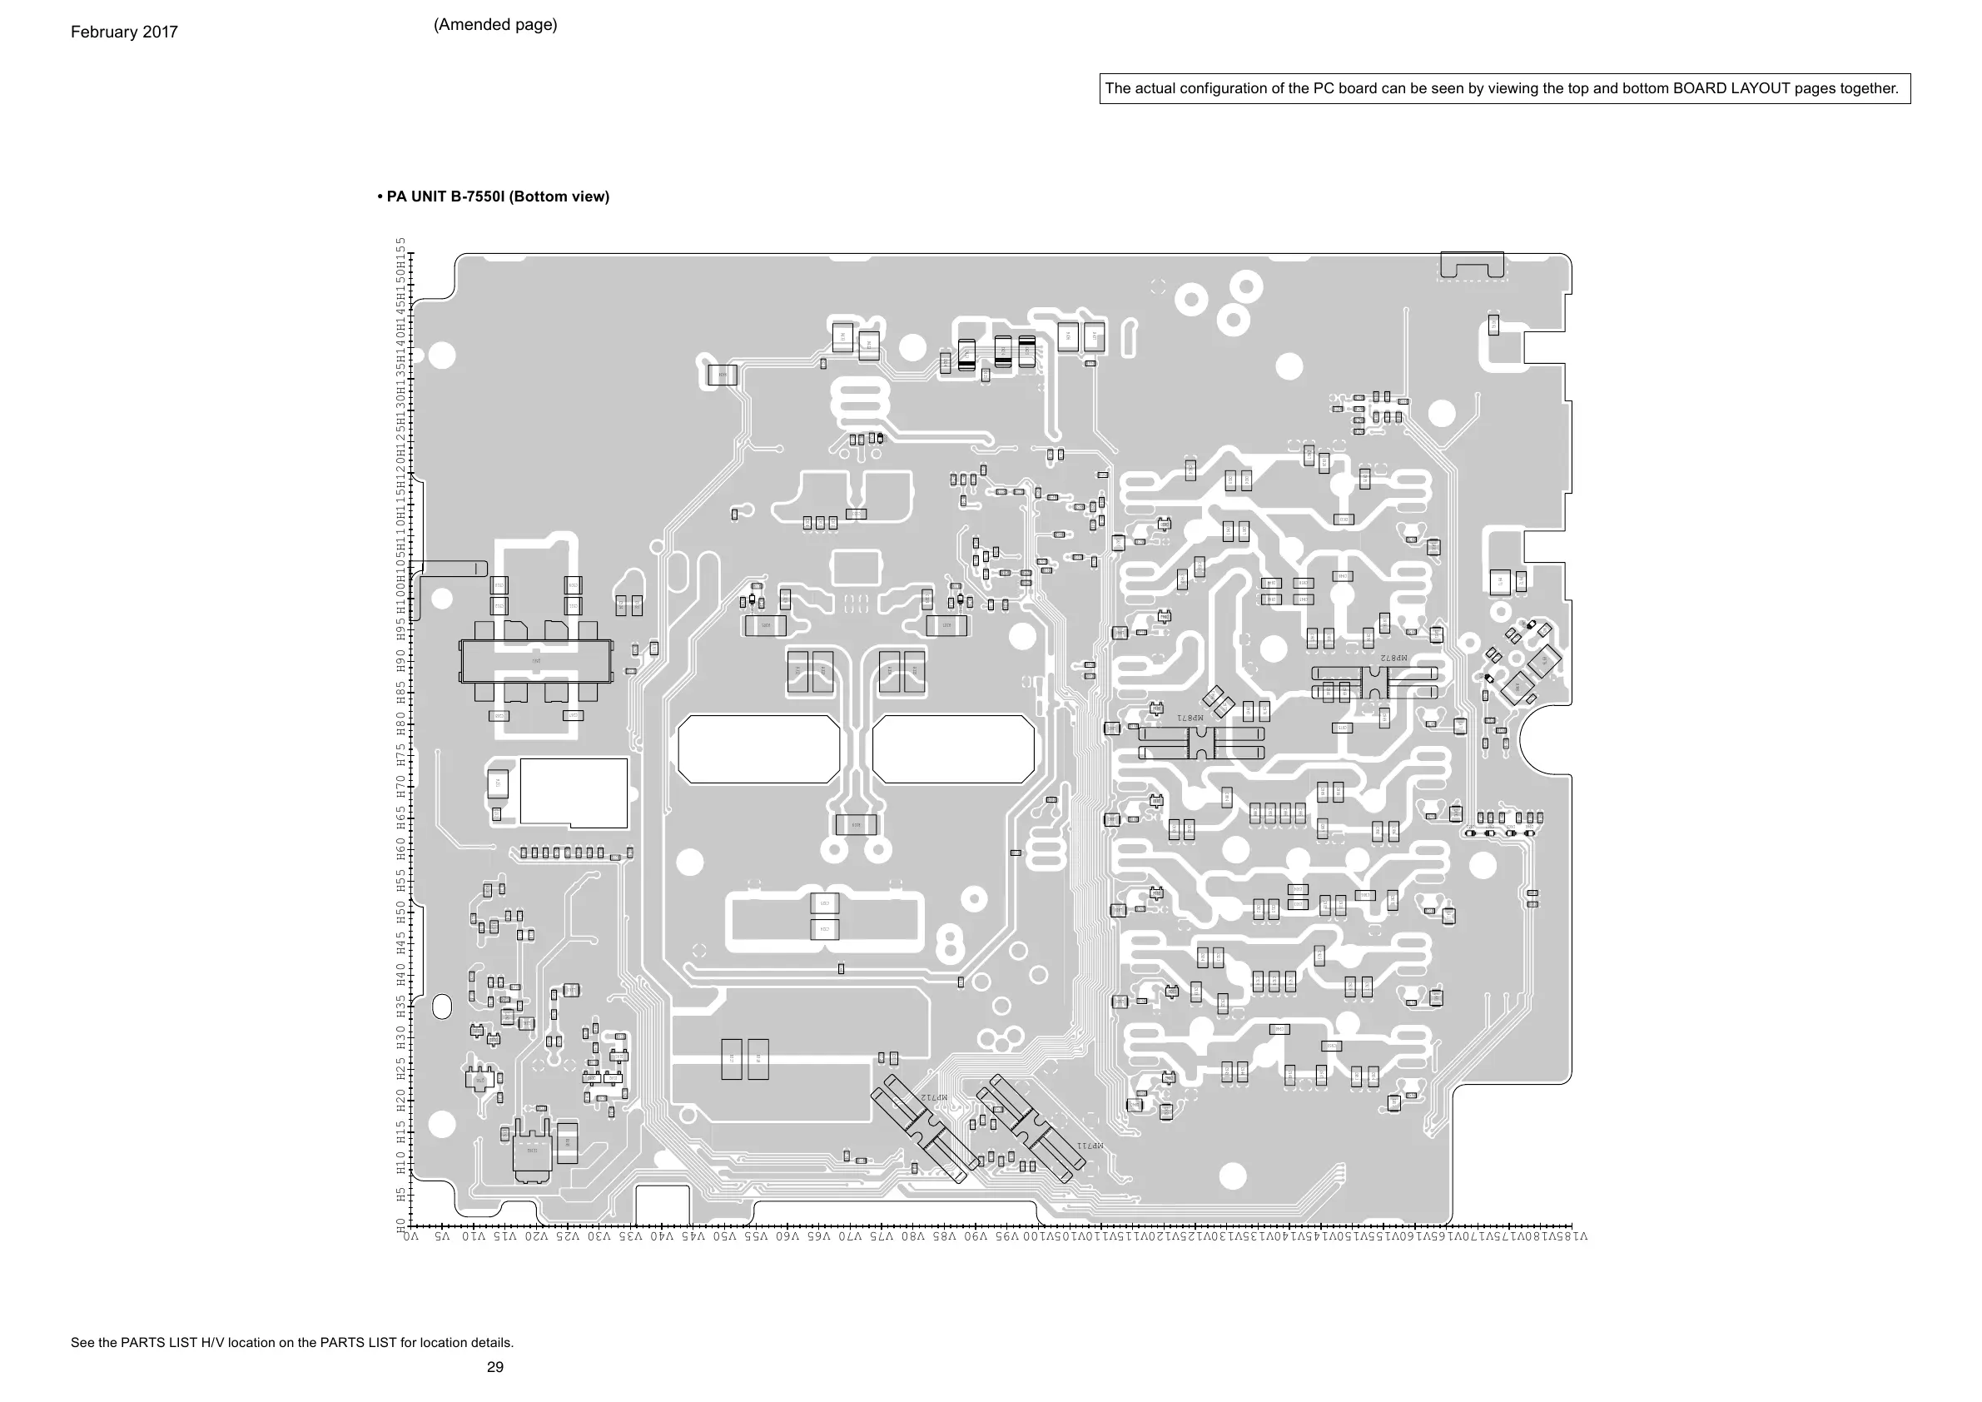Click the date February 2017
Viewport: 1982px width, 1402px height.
pyautogui.click(x=123, y=32)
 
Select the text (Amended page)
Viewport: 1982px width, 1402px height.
pyautogui.click(x=494, y=25)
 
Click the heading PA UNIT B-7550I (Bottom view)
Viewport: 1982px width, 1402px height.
pyautogui.click(x=493, y=196)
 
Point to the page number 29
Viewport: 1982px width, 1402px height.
pyautogui.click(x=494, y=1366)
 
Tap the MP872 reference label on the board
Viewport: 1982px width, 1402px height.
pyautogui.click(x=1393, y=658)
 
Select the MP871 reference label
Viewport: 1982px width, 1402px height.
pyautogui.click(x=1190, y=718)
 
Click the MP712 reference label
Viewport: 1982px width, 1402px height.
pyautogui.click(x=934, y=1097)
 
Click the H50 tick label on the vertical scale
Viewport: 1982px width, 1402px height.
pyautogui.click(x=401, y=912)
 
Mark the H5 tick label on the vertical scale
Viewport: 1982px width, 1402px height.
pyautogui.click(x=401, y=1195)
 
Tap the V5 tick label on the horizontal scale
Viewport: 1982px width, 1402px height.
pyautogui.click(x=442, y=1236)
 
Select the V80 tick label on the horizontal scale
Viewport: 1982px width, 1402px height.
pyautogui.click(x=912, y=1236)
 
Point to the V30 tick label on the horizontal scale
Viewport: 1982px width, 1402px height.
pyautogui.click(x=599, y=1236)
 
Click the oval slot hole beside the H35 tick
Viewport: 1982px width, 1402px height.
pyautogui.click(x=441, y=1007)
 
